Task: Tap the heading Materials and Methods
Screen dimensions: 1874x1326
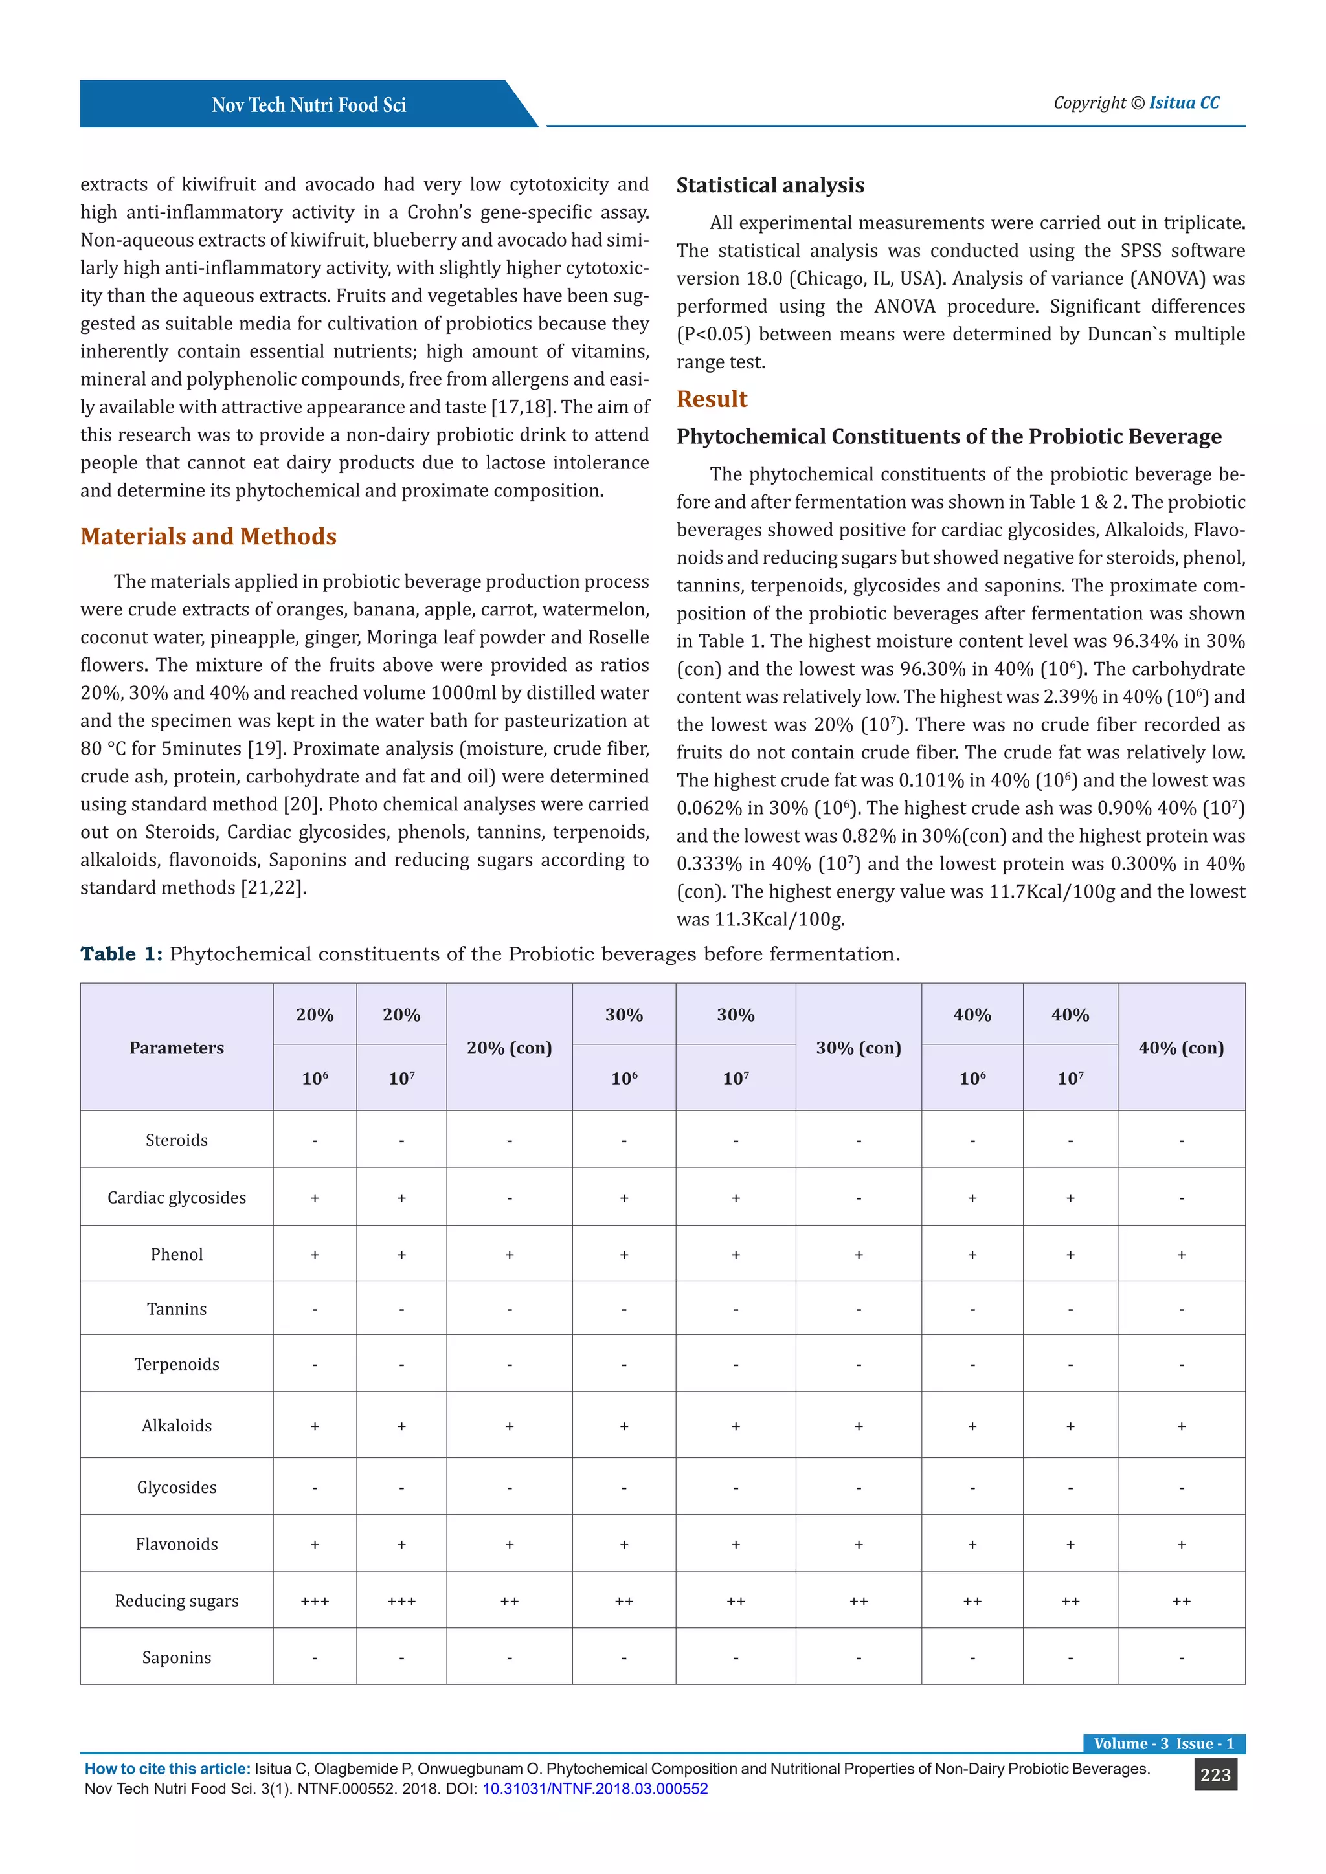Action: click(x=208, y=536)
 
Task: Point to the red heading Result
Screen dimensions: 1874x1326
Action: click(x=711, y=399)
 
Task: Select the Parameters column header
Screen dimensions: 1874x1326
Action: click(x=176, y=1048)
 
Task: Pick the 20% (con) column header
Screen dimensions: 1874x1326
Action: click(x=509, y=1048)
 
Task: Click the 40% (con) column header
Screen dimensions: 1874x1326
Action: click(x=1181, y=1048)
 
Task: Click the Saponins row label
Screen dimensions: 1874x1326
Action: click(x=176, y=1658)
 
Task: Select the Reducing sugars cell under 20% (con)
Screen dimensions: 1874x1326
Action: click(x=509, y=1602)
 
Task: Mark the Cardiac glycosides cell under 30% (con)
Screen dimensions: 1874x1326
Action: click(x=858, y=1198)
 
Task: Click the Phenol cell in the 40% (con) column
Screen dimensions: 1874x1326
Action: click(x=1181, y=1255)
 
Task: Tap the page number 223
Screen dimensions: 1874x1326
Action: click(x=1215, y=1774)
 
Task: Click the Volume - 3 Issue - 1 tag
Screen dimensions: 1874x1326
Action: click(x=1163, y=1743)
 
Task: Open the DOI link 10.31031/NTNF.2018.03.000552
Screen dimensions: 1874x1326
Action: click(x=594, y=1789)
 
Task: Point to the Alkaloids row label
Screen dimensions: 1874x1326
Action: click(x=176, y=1426)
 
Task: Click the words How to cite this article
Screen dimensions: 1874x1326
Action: click(x=168, y=1769)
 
